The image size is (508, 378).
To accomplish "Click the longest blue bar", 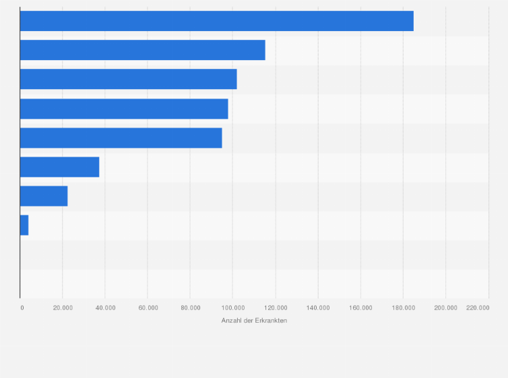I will [x=216, y=21].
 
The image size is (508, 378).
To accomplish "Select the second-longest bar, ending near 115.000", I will [x=142, y=50].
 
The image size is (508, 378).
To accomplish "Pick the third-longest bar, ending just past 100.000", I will [x=128, y=79].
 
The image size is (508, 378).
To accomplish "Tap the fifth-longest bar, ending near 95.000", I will [x=121, y=138].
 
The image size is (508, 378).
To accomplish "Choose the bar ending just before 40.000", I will [x=59, y=167].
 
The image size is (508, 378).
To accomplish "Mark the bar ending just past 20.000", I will [x=44, y=196].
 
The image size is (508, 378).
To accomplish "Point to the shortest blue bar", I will [x=24, y=225].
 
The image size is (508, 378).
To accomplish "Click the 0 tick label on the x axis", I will [x=22, y=308].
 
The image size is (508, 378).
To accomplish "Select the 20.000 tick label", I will [x=63, y=308].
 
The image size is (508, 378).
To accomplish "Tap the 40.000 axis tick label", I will [x=105, y=308].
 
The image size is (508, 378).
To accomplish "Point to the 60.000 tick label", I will [x=148, y=308].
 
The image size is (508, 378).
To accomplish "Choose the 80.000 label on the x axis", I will [x=190, y=308].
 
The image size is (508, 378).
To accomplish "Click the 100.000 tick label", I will [x=232, y=308].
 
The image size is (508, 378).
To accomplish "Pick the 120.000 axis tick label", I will [x=275, y=308].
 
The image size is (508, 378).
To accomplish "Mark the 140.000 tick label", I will [x=318, y=308].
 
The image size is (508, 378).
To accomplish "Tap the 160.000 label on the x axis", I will [x=360, y=308].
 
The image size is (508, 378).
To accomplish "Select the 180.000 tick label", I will [x=403, y=308].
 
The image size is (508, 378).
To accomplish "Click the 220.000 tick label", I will [x=478, y=308].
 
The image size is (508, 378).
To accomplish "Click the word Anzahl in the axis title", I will [x=232, y=320].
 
